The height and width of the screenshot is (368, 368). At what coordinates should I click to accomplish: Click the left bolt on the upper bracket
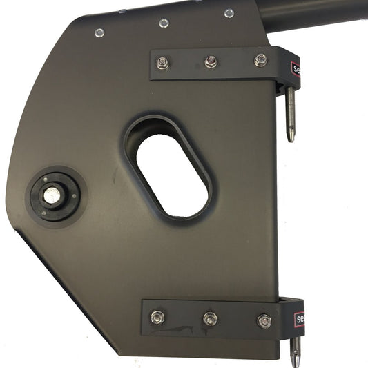(162, 63)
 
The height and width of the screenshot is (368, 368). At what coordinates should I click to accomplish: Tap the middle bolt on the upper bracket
(211, 61)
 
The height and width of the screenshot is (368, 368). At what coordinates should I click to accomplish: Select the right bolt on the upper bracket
(260, 60)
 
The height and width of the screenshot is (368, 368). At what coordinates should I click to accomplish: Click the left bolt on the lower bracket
(158, 317)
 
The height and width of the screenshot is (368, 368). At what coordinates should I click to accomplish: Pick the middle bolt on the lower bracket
(210, 319)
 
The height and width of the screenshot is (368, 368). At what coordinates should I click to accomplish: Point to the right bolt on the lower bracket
(264, 321)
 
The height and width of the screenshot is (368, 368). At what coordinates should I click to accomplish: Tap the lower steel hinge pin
(296, 349)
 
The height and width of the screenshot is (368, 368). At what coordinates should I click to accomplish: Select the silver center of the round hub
(52, 195)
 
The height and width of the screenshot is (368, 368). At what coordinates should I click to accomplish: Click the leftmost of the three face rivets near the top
(99, 32)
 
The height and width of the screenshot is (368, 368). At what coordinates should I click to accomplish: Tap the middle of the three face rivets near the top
(164, 23)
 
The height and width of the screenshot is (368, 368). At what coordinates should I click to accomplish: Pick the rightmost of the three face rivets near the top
(229, 13)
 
